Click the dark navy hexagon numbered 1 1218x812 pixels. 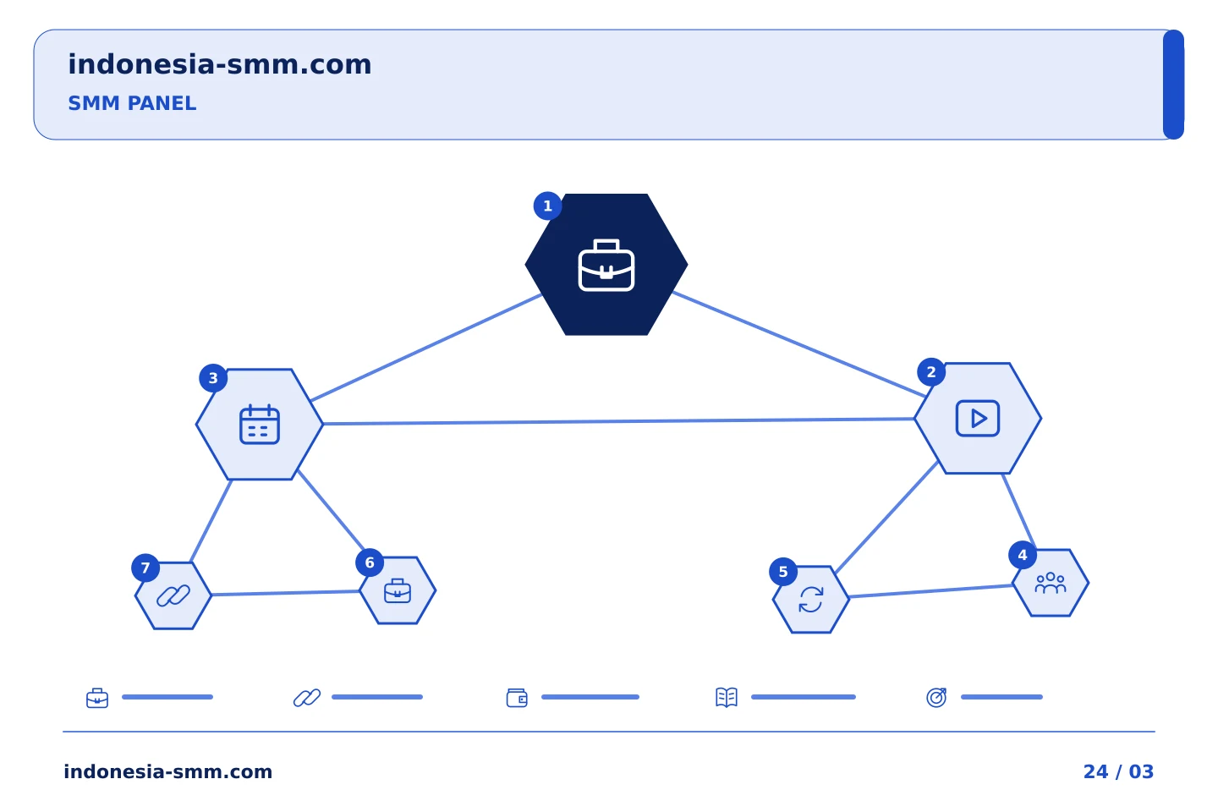point(606,264)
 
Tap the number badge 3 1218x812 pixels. point(213,378)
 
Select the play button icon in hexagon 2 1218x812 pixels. point(978,418)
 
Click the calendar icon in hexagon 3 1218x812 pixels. point(260,425)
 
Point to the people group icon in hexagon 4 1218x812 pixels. point(1051,583)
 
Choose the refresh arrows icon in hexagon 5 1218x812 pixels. point(810,600)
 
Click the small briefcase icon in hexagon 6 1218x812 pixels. point(398,590)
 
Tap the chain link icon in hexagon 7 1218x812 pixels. point(173,595)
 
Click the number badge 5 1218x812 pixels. point(783,572)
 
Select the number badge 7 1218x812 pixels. point(145,568)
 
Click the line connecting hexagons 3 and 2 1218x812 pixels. point(619,421)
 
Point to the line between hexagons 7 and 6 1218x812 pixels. point(286,593)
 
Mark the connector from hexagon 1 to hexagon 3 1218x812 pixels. point(426,348)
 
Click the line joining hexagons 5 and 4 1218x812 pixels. point(931,591)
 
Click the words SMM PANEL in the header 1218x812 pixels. point(132,103)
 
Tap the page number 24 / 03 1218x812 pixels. point(1118,771)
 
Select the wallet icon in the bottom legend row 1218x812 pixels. point(517,698)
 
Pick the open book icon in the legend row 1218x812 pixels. point(727,697)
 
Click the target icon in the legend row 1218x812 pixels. point(936,697)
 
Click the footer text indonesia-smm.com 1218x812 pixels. point(168,771)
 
